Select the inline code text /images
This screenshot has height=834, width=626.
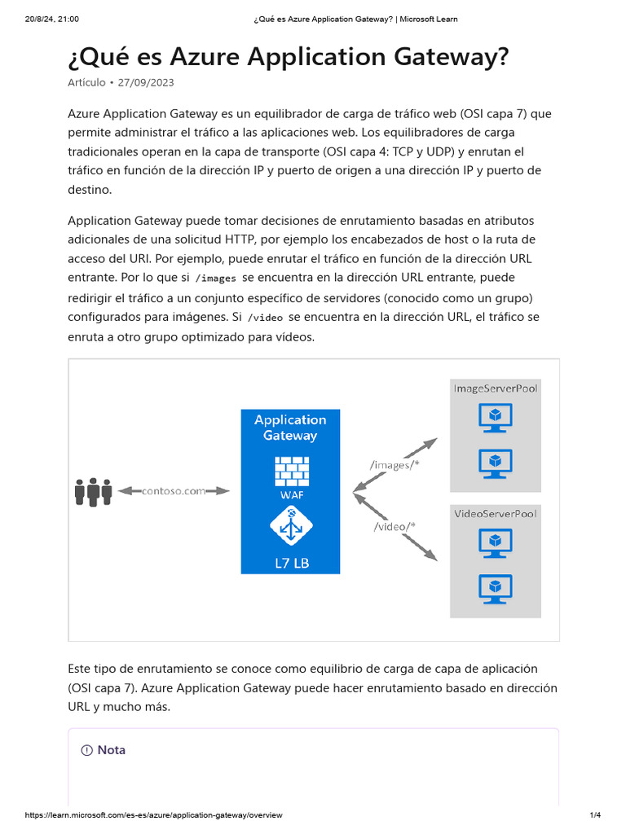217,278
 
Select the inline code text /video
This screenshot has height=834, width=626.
266,317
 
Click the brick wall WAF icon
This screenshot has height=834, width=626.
290,470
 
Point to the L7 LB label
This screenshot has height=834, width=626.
290,563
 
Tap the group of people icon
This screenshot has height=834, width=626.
93,491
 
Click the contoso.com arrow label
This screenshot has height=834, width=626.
174,490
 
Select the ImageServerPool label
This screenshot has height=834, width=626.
496,388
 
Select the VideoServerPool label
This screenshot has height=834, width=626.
496,514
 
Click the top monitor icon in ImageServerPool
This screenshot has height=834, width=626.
495,419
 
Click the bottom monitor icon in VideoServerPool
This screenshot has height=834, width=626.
495,588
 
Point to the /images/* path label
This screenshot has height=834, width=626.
394,465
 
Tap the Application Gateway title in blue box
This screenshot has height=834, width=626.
290,428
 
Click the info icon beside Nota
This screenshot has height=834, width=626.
87,750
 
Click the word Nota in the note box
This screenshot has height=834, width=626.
112,750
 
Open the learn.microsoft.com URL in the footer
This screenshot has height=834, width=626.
154,815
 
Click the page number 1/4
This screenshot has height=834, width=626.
594,815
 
